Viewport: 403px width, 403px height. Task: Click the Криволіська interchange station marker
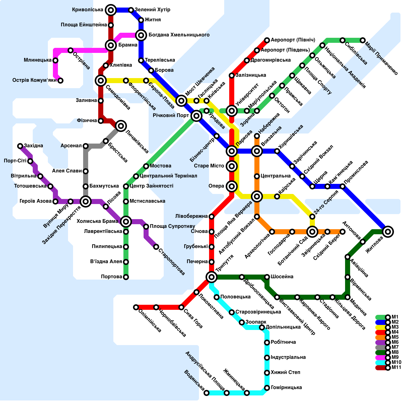pyautogui.click(x=111, y=10)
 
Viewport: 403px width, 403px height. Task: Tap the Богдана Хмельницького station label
pyautogui.click(x=179, y=35)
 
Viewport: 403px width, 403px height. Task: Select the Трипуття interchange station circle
pyautogui.click(x=212, y=277)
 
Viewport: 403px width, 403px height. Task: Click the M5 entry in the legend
pyautogui.click(x=388, y=337)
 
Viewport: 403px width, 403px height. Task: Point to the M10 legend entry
pyautogui.click(x=388, y=362)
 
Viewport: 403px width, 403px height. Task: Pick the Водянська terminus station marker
pyautogui.click(x=207, y=393)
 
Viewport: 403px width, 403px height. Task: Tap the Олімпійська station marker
pyautogui.click(x=136, y=307)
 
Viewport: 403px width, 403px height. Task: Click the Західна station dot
pyautogui.click(x=20, y=146)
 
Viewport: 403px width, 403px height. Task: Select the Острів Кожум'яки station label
pyautogui.click(x=35, y=80)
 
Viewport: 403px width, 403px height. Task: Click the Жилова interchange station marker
pyautogui.click(x=388, y=232)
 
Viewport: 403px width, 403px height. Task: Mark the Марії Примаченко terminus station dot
pyautogui.click(x=363, y=40)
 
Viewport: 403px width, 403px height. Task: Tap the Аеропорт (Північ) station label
pyautogui.click(x=293, y=40)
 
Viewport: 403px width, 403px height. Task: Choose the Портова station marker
pyautogui.click(x=126, y=277)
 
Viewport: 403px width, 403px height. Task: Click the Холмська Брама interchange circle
pyautogui.click(x=126, y=222)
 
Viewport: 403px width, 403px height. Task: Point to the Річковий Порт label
pyautogui.click(x=171, y=116)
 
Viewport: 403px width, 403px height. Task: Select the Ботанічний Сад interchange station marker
pyautogui.click(x=312, y=232)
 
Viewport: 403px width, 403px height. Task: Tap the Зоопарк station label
pyautogui.click(x=256, y=322)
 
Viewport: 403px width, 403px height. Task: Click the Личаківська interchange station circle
pyautogui.click(x=121, y=126)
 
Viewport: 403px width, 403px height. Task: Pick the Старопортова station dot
pyautogui.click(x=156, y=247)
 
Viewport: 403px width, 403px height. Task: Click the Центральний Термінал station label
pyautogui.click(x=168, y=176)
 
